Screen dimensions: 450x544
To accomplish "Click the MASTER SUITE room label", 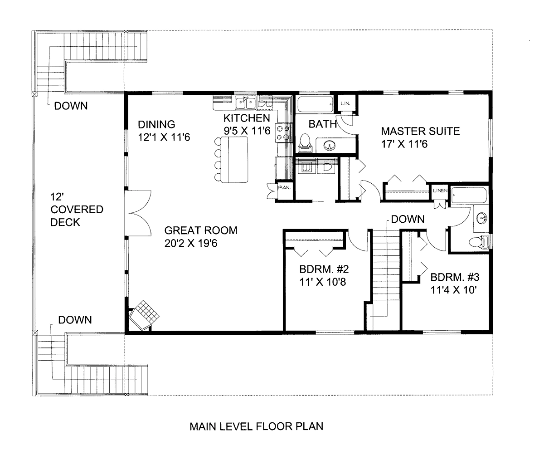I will point(420,132).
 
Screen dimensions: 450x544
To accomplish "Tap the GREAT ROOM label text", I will point(201,230).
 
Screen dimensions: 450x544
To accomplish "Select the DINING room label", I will point(156,124).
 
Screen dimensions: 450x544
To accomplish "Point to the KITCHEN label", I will point(247,118).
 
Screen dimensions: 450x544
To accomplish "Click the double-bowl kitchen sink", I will point(246,103).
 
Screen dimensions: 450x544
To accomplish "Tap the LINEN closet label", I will point(440,190).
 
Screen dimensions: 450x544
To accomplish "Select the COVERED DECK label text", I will point(71,216).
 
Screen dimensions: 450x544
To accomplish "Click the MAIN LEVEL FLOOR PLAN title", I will point(256,426).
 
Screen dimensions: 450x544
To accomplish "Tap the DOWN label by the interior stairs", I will point(408,220).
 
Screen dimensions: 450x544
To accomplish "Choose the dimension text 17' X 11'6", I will point(405,144).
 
